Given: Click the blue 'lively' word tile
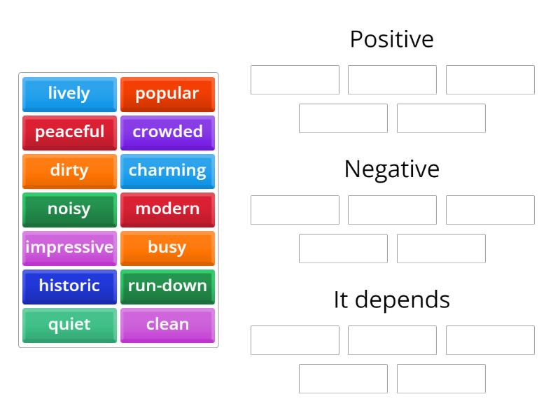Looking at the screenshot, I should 69,94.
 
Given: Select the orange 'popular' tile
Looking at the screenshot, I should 167,94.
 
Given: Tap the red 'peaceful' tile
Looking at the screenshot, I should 69,132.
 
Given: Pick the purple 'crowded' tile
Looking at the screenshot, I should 167,132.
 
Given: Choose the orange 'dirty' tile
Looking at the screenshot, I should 69,171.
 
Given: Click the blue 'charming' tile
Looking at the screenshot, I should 167,171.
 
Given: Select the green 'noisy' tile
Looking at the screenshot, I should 69,209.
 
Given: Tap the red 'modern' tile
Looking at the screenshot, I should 167,209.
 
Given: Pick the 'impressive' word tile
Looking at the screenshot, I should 69,248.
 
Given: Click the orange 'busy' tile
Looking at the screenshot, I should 167,248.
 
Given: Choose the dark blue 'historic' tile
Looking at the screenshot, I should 69,286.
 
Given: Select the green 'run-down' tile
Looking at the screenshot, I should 167,286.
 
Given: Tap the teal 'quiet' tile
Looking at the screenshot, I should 69,325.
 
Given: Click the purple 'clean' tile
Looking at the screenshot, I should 167,325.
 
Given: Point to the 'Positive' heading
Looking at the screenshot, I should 391,39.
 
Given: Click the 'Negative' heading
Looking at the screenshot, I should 391,169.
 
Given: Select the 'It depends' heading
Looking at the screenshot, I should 391,300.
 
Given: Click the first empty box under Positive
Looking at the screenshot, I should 295,80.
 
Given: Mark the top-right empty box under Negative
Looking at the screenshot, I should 490,210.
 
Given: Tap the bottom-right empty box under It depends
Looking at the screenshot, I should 441,379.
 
